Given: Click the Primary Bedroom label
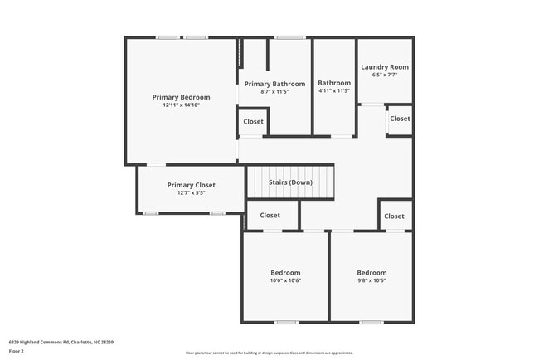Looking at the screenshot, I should (181, 97).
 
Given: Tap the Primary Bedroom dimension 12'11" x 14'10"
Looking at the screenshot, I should (181, 105).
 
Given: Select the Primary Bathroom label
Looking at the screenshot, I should (274, 84).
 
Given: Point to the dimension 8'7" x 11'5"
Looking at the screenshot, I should (274, 92).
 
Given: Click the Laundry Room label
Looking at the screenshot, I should (384, 67).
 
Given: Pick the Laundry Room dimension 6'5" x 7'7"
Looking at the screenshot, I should (384, 75).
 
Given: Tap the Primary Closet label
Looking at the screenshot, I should (191, 185).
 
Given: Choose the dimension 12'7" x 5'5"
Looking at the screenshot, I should (191, 193).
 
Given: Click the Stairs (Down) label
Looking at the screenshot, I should (289, 182).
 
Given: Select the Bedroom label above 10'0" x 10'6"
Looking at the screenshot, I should (285, 272).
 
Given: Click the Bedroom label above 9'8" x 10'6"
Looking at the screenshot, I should (371, 272).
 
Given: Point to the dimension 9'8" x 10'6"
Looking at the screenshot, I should (371, 280).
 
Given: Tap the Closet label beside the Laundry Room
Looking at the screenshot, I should (400, 119).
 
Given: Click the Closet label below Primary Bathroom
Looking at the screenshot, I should (253, 122).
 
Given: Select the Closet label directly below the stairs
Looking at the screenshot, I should (269, 216).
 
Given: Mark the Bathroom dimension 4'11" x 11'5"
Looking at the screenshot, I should (334, 92).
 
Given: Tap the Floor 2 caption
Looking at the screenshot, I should (17, 351).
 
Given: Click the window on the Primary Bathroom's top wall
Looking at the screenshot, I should (289, 37).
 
